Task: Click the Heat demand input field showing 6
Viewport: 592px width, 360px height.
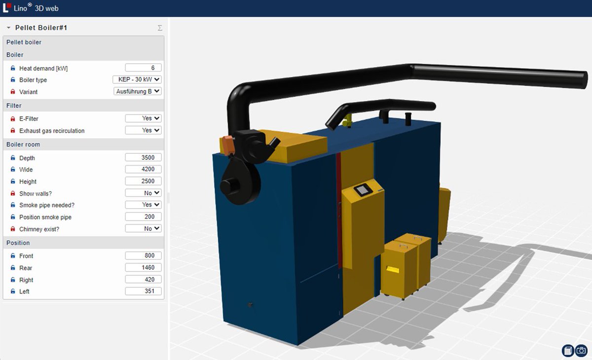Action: (x=143, y=68)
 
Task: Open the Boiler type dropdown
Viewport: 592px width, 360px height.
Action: (x=137, y=79)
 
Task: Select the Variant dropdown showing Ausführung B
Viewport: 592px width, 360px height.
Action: (x=137, y=91)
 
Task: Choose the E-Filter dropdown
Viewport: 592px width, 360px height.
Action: (x=143, y=118)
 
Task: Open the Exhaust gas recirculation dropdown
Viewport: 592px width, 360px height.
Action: (x=143, y=130)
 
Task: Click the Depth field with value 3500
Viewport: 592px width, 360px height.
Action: (x=143, y=158)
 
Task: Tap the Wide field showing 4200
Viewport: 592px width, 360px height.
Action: (x=143, y=169)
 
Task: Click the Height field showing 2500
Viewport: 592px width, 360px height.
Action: (x=143, y=181)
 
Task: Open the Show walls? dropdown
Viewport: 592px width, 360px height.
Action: (x=143, y=193)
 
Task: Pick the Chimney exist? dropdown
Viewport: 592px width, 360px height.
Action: (x=143, y=229)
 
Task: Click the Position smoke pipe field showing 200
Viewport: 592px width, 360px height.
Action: (x=143, y=216)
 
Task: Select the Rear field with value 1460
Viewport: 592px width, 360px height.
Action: (x=143, y=267)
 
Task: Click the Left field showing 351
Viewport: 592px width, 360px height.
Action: (x=143, y=291)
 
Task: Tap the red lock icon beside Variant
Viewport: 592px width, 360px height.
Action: (x=13, y=92)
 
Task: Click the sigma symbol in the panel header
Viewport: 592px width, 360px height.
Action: (x=160, y=28)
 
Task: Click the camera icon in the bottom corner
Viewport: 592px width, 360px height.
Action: (x=582, y=351)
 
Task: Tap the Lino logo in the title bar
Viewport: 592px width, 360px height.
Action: (x=6, y=8)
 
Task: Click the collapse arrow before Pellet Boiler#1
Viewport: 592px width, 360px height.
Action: (x=8, y=28)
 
